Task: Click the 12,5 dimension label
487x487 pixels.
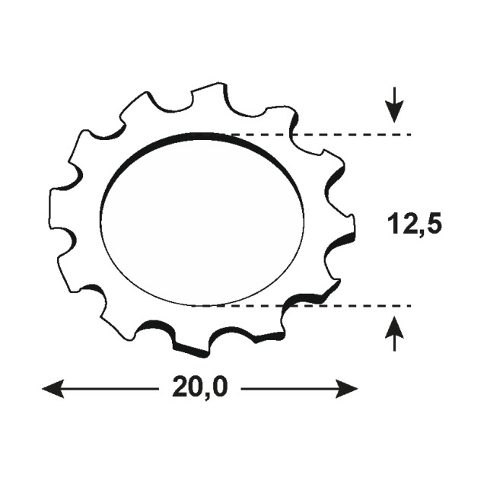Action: [414, 224]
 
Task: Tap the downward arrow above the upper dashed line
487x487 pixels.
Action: [394, 105]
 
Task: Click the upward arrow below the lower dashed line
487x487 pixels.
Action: [394, 333]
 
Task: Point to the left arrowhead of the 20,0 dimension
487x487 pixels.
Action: [53, 388]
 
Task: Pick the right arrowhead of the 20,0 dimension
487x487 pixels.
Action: [347, 388]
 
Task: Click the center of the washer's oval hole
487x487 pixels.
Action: [202, 220]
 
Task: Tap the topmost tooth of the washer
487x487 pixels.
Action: [208, 93]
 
